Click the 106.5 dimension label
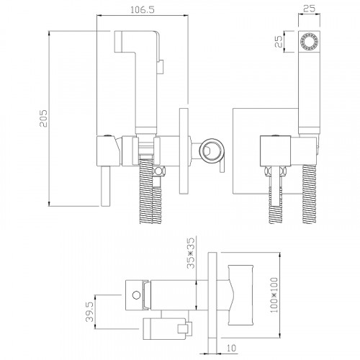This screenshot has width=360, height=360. tap(143, 10)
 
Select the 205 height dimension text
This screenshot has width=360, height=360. tap(44, 118)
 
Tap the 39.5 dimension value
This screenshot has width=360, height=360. tap(89, 312)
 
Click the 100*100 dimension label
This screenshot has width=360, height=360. tap(274, 295)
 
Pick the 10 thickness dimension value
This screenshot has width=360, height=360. tap(231, 348)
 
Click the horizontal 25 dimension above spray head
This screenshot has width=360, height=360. tap(309, 9)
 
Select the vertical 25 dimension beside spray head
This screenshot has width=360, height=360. tap(279, 42)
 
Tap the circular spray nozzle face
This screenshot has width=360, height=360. tap(309, 42)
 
